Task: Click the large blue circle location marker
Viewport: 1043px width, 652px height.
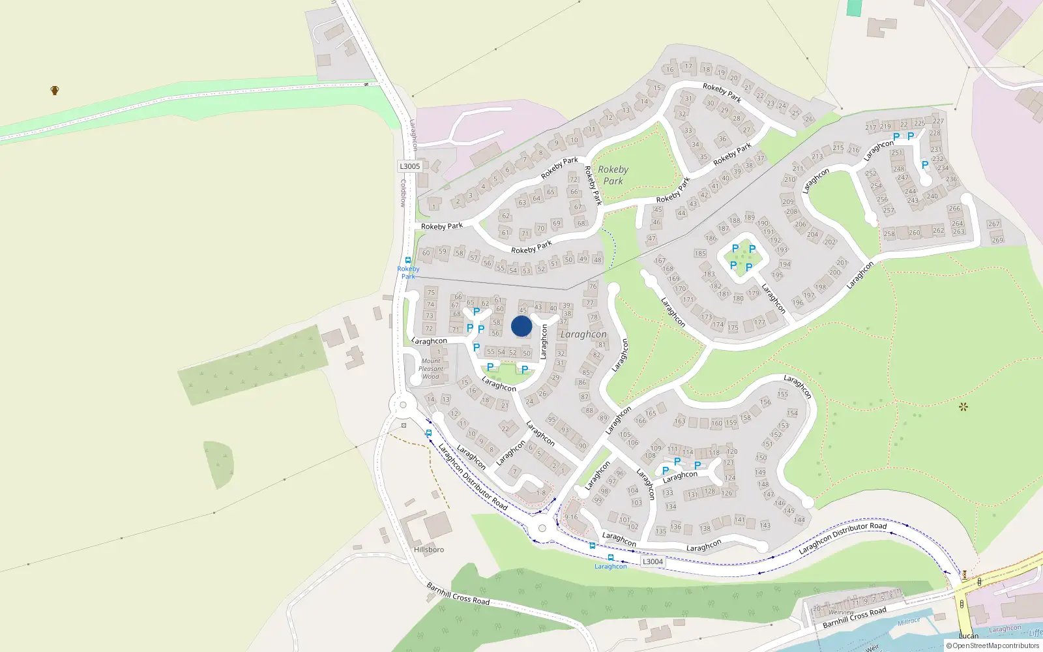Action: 521,326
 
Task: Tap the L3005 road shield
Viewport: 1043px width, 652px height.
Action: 410,166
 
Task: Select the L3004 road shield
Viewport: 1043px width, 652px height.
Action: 653,561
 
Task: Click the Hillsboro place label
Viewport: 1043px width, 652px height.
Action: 429,550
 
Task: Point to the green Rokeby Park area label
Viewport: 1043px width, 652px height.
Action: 613,175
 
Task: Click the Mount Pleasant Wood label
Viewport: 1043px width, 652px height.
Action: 431,368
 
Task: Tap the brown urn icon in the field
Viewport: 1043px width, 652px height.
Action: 55,90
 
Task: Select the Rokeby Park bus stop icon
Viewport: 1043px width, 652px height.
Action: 408,260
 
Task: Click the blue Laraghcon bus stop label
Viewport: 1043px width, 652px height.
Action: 611,567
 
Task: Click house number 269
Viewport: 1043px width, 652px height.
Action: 997,240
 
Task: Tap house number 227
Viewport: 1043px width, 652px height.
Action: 938,121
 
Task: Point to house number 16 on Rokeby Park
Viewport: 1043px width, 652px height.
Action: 669,69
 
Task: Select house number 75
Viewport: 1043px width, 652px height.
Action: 431,292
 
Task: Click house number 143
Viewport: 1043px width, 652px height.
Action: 765,526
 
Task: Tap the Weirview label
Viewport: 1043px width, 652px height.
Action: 841,612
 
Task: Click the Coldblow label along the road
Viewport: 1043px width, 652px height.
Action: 403,193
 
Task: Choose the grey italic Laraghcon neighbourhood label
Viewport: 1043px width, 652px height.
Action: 583,334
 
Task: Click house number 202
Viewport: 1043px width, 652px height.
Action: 830,242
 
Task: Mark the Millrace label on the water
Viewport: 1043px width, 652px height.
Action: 909,622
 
